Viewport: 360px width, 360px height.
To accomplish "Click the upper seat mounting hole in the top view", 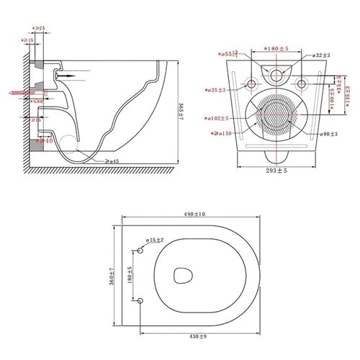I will click(x=141, y=249).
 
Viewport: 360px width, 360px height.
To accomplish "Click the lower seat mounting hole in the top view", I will click(x=141, y=299).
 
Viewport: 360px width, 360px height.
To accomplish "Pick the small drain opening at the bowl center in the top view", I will click(x=184, y=275).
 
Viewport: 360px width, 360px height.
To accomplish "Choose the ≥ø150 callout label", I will click(x=217, y=133).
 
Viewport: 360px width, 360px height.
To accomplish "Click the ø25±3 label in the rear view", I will click(x=215, y=90).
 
